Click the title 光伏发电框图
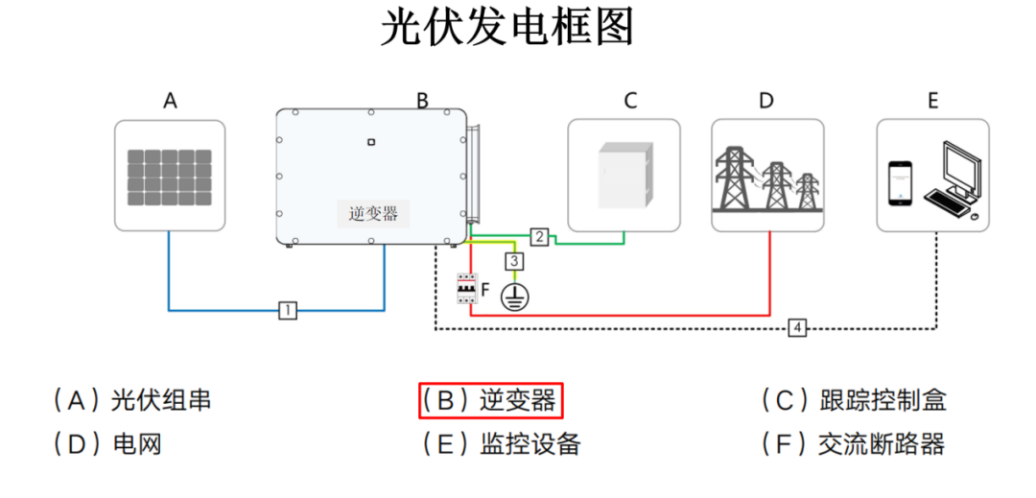tap(507, 28)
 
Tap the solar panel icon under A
tap(170, 177)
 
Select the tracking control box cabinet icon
tap(624, 175)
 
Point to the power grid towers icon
tap(768, 177)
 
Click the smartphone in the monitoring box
tap(899, 182)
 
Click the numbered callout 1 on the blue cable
tap(287, 310)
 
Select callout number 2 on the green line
tap(540, 236)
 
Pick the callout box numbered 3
tap(515, 261)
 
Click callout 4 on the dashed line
tap(797, 328)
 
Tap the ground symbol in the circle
tap(515, 296)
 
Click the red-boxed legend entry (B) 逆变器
tap(489, 401)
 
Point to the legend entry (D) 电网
tap(106, 444)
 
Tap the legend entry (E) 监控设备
tap(502, 444)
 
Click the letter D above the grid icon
tap(765, 101)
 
